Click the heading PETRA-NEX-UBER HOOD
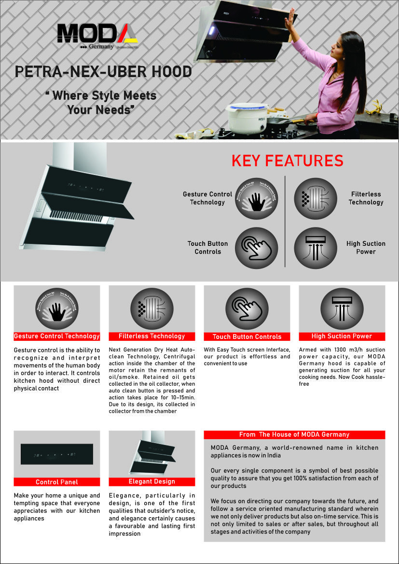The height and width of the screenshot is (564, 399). pos(103,72)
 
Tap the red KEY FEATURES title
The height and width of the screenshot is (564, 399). pos(288,161)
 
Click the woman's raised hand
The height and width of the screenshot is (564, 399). pos(290,20)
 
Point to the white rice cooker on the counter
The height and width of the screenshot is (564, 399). pos(247,118)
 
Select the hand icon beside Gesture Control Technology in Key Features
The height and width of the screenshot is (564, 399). pos(256,198)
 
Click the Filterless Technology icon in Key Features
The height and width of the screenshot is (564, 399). pos(316,198)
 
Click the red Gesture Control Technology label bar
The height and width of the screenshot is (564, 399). pos(57,336)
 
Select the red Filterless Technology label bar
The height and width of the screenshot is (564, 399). pos(152,336)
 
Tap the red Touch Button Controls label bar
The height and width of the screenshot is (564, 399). pos(247,336)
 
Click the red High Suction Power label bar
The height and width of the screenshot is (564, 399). pos(342,336)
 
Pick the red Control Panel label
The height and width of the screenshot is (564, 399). pos(57,482)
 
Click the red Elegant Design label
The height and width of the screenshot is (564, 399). pos(152,481)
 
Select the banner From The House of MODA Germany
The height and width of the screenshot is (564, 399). pos(294,434)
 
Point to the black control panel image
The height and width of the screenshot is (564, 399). pos(57,454)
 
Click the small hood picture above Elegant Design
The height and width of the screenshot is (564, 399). pos(152,453)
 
